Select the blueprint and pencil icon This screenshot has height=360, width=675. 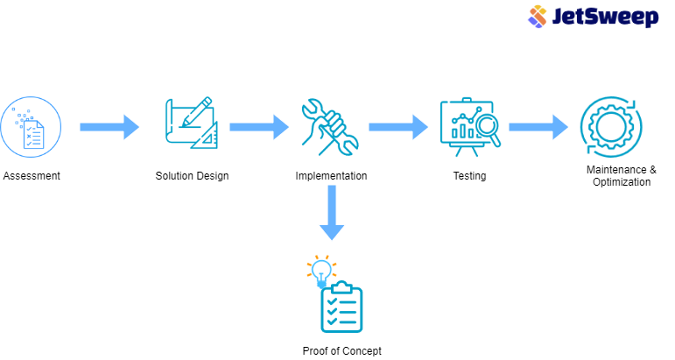pyautogui.click(x=192, y=124)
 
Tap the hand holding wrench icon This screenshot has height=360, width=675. pyautogui.click(x=328, y=127)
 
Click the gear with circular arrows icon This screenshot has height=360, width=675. pyautogui.click(x=610, y=127)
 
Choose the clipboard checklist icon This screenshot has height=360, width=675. pyautogui.click(x=341, y=308)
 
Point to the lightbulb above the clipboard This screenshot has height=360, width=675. pyautogui.click(x=321, y=269)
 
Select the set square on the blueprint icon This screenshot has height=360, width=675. pyautogui.click(x=206, y=136)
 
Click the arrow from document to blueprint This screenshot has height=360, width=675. pyautogui.click(x=109, y=127)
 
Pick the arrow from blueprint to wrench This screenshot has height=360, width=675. pyautogui.click(x=259, y=127)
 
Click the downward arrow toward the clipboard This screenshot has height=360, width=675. pyautogui.click(x=331, y=212)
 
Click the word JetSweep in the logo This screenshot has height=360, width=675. pyautogui.click(x=604, y=18)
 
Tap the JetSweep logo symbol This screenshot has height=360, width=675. pyautogui.click(x=538, y=17)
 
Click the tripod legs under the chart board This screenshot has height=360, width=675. pyautogui.click(x=467, y=152)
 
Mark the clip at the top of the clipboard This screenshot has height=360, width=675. pyautogui.click(x=342, y=286)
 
